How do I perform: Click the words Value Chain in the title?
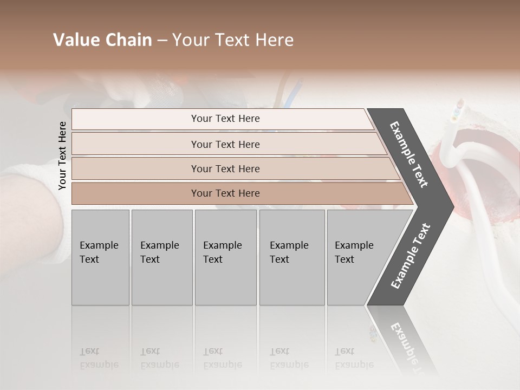pyautogui.click(x=102, y=40)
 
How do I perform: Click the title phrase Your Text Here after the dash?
pyautogui.click(x=233, y=40)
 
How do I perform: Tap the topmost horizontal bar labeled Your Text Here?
pyautogui.click(x=225, y=119)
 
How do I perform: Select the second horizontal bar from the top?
pyautogui.click(x=225, y=144)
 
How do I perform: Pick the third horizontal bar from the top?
pyautogui.click(x=225, y=168)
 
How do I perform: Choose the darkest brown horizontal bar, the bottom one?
pyautogui.click(x=225, y=193)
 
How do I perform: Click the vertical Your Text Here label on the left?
pyautogui.click(x=62, y=155)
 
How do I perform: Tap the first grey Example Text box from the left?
pyautogui.click(x=100, y=257)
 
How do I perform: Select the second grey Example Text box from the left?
pyautogui.click(x=161, y=257)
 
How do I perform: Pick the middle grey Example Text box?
pyautogui.click(x=225, y=257)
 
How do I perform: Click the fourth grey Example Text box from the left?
pyautogui.click(x=291, y=257)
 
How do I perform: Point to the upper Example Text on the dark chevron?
pyautogui.click(x=409, y=154)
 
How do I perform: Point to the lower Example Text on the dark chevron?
pyautogui.click(x=410, y=256)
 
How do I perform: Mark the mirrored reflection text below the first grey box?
pyautogui.click(x=99, y=358)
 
